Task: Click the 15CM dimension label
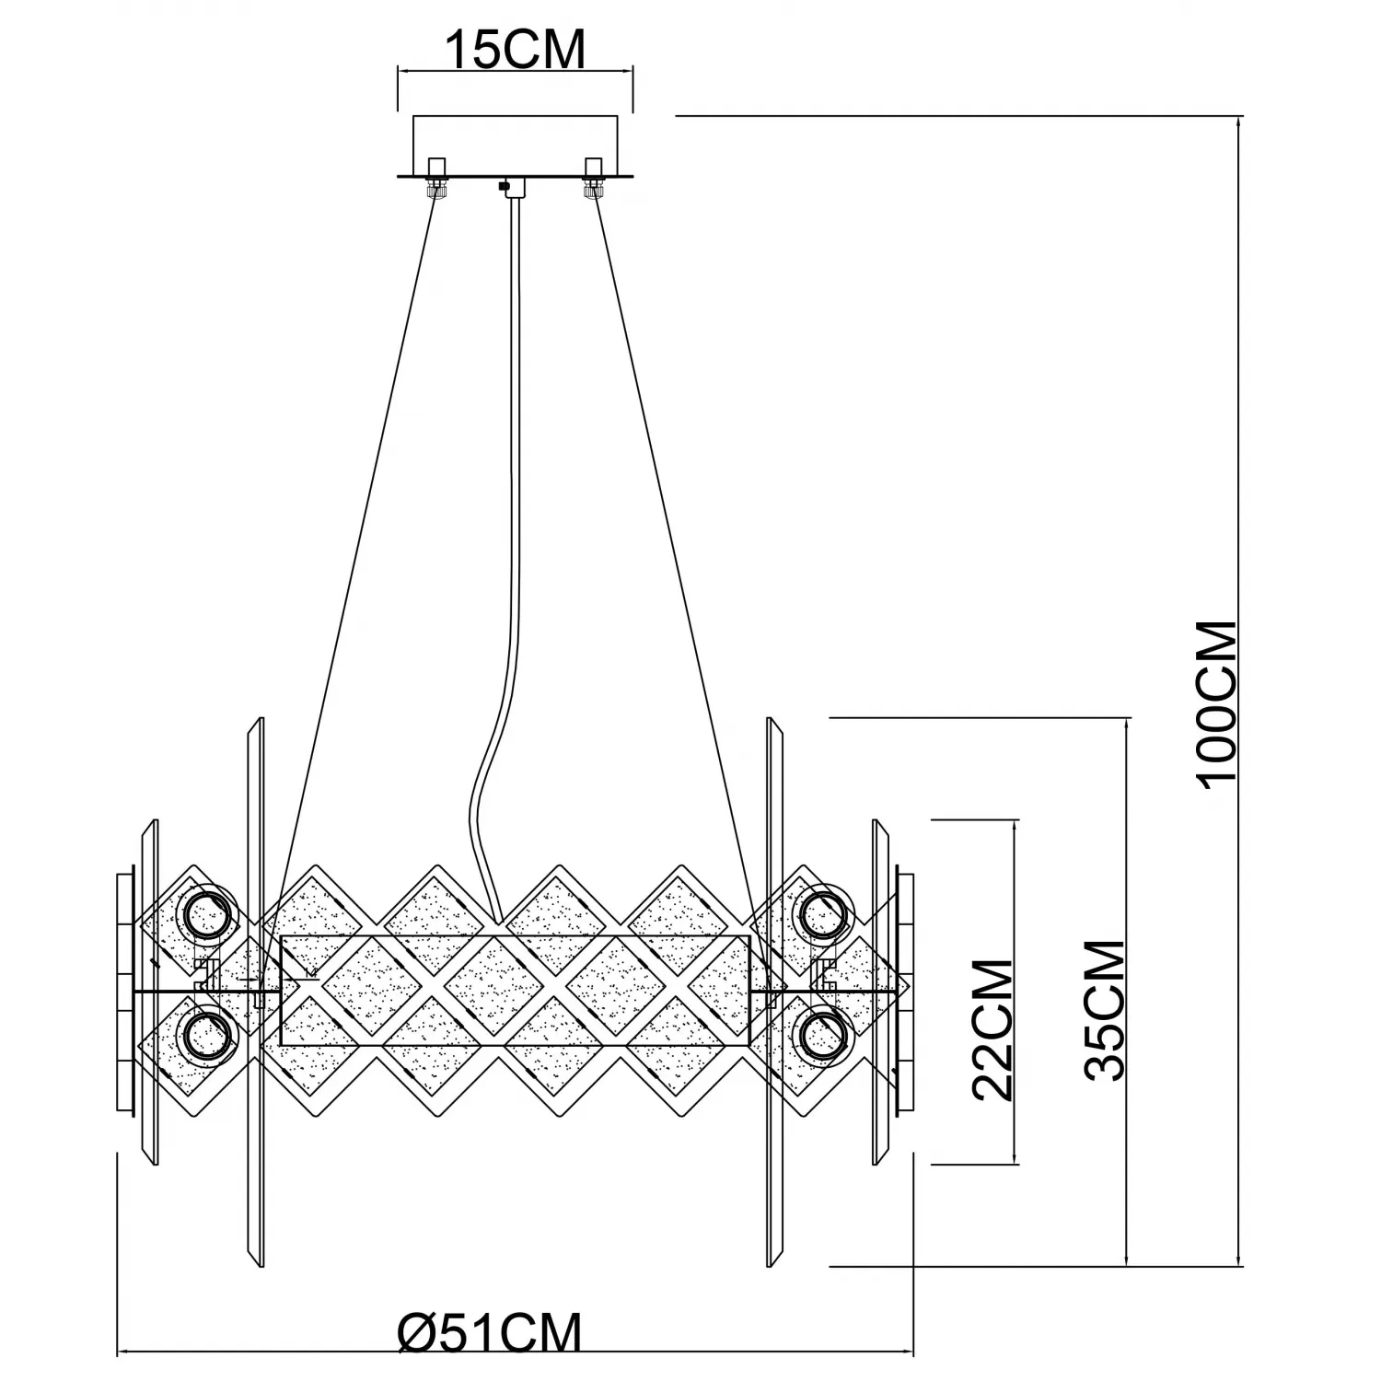pos(515,51)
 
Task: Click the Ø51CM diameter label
pos(490,1332)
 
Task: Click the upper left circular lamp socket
pos(209,914)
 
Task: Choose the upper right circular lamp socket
pos(823,914)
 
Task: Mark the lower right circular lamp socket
pos(823,1035)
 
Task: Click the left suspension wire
pos(359,552)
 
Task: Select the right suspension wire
pos(672,552)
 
